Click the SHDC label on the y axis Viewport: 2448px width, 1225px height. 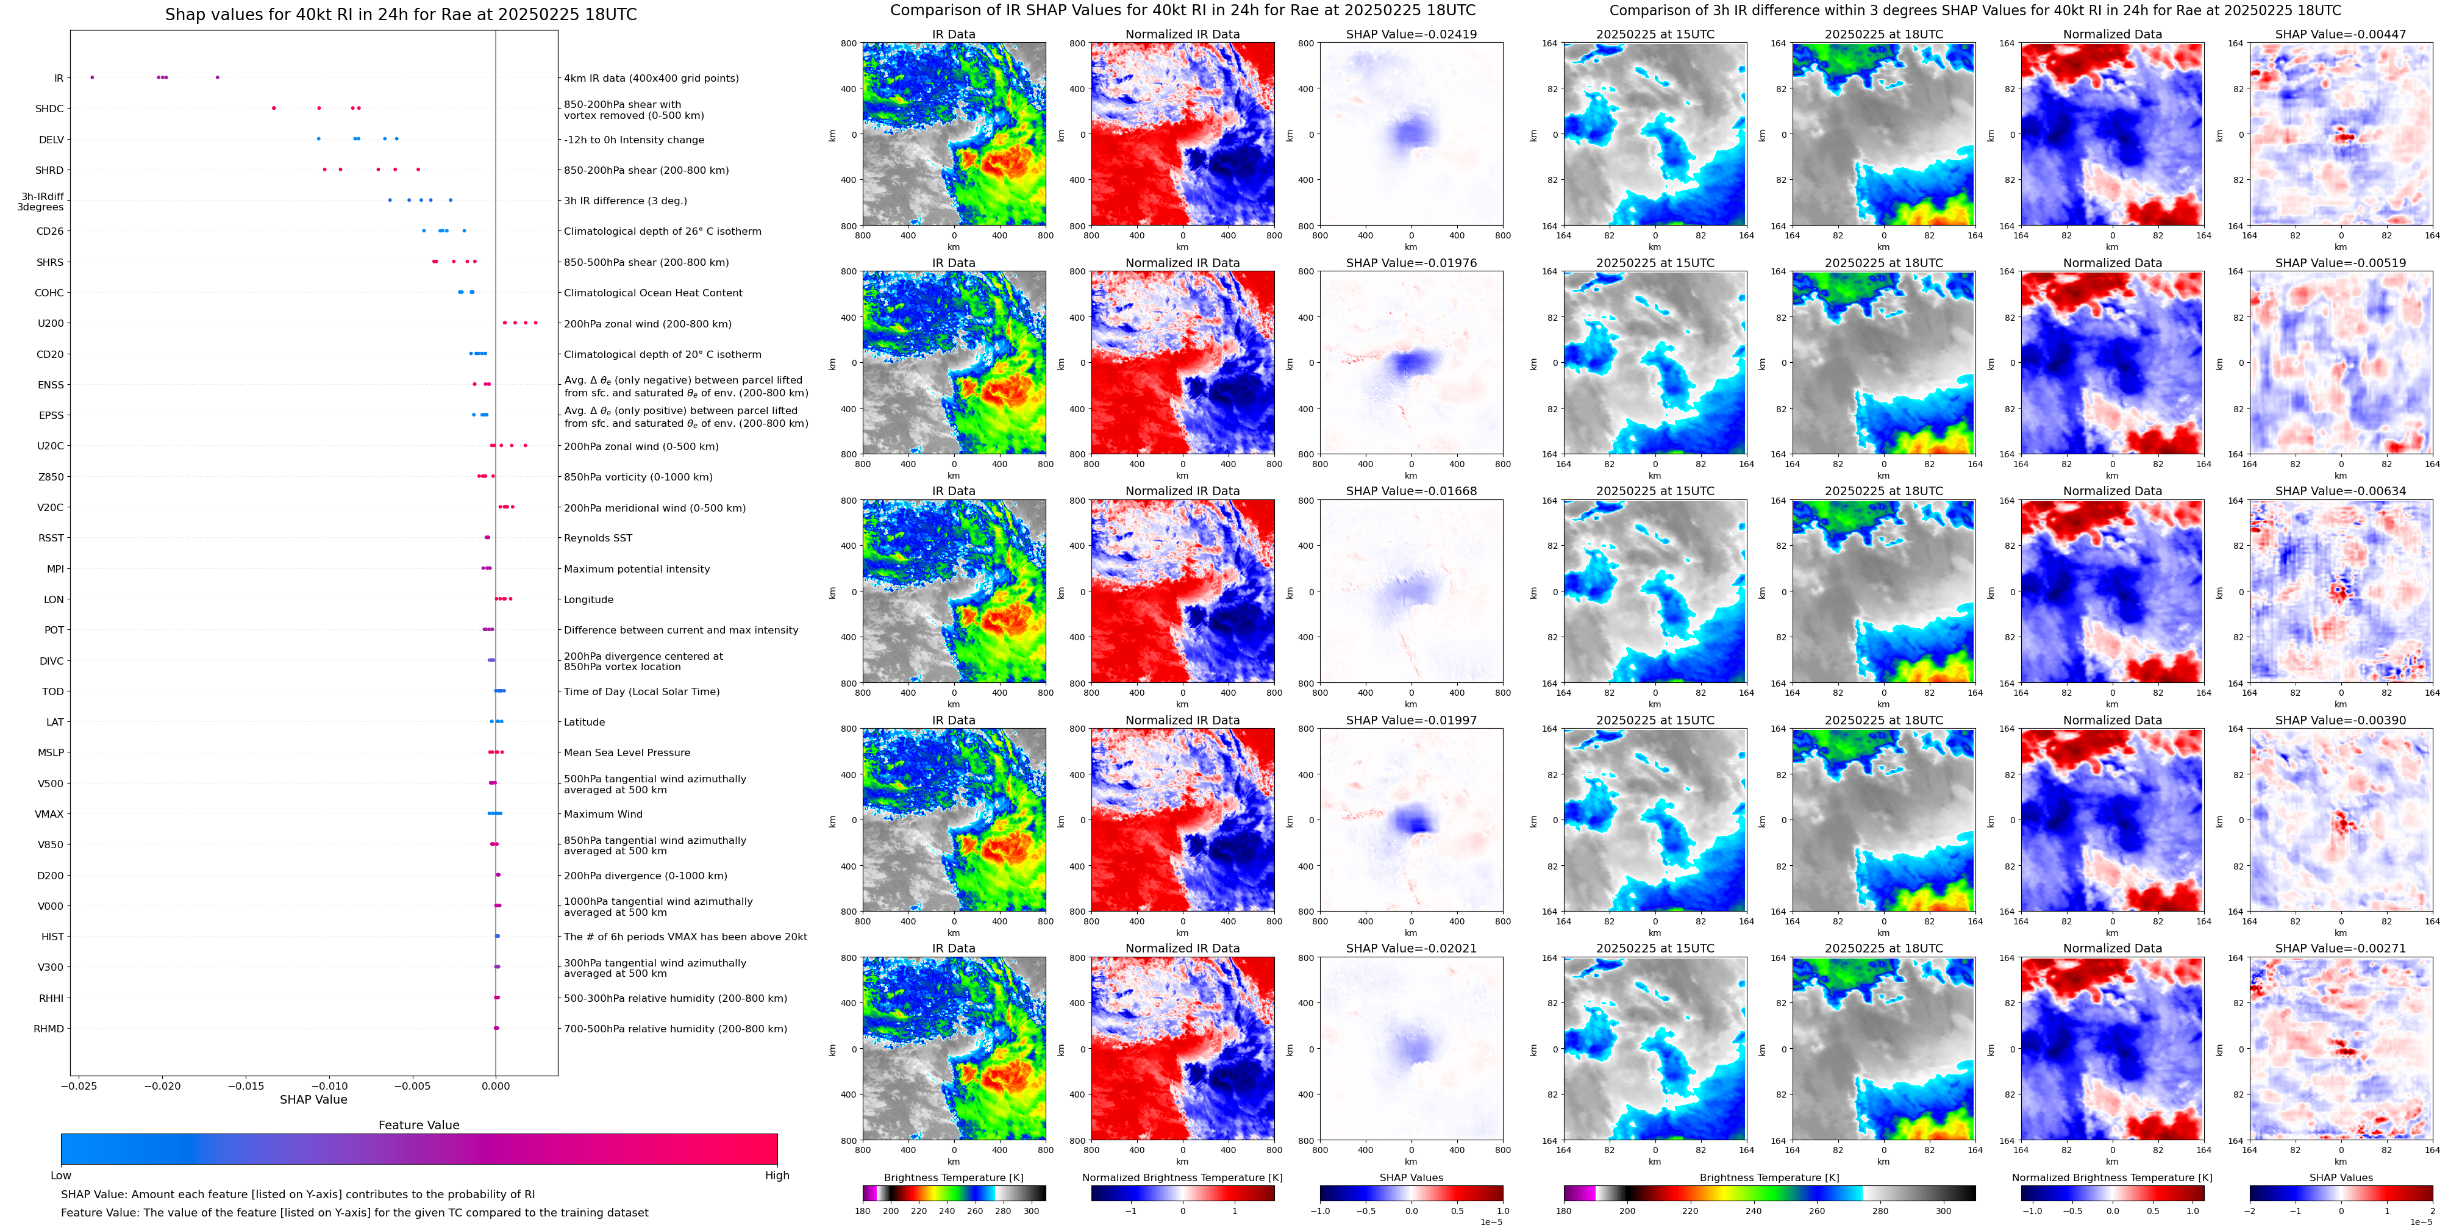tap(49, 109)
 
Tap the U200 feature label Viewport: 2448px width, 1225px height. tap(51, 324)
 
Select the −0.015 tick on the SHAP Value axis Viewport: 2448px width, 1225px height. tap(246, 1085)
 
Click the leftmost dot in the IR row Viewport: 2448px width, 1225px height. tap(92, 77)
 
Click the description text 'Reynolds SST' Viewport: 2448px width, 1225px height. tap(598, 538)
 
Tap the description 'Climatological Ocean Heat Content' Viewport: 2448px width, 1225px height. tap(653, 293)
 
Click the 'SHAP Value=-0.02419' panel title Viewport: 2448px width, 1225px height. tap(1411, 34)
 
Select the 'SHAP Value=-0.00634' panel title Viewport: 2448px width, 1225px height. tap(2341, 491)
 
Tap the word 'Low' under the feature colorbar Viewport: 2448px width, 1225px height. tap(61, 1176)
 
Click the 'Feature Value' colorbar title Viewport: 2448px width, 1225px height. tap(418, 1125)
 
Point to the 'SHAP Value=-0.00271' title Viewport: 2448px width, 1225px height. tap(2341, 948)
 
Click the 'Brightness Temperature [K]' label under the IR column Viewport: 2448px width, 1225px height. tap(953, 1177)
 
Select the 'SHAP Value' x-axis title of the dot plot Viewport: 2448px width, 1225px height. tap(313, 1099)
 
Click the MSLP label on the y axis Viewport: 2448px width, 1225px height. tap(51, 752)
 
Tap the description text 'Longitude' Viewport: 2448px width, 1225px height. tap(588, 599)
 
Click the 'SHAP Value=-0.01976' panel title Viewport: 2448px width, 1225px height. tap(1411, 263)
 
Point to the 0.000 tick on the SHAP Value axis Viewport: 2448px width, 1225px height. tap(495, 1085)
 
